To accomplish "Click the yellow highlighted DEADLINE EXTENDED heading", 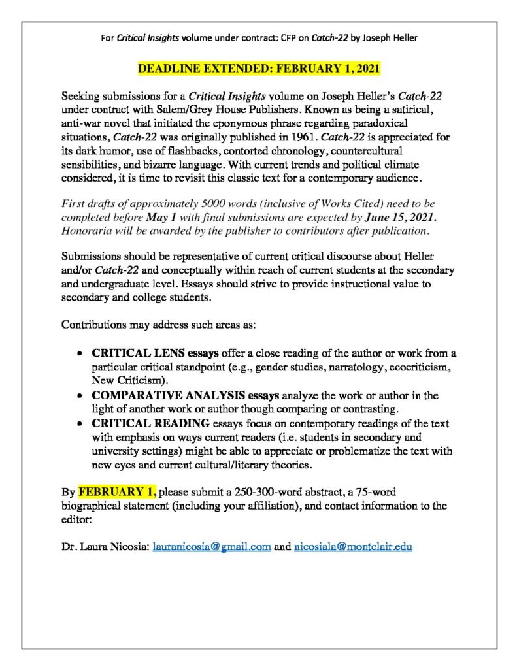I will [259, 69].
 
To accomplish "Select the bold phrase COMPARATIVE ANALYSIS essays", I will [178, 396].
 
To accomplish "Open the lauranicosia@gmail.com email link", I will [212, 547].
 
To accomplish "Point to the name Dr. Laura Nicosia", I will [105, 547].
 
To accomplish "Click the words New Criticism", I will [128, 380].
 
